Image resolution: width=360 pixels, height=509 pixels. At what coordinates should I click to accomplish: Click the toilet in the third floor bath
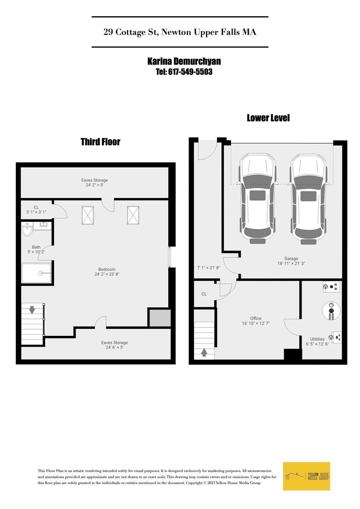[x=27, y=229]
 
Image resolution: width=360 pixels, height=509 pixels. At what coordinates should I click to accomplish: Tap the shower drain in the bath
[x=41, y=273]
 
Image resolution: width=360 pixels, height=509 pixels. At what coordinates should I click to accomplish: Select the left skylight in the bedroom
[x=88, y=215]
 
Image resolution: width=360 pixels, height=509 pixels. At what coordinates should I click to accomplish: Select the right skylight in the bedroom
[x=133, y=215]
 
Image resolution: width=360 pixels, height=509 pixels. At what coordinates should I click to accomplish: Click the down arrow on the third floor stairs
[x=32, y=310]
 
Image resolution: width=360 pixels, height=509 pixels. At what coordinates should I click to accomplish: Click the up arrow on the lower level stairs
[x=204, y=352]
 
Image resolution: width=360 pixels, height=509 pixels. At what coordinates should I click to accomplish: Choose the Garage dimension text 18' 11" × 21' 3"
[x=291, y=264]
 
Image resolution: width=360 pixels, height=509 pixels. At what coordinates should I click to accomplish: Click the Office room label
[x=256, y=318]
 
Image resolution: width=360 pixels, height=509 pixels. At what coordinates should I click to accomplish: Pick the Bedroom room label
[x=107, y=269]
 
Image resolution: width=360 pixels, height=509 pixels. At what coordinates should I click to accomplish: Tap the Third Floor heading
[x=100, y=142]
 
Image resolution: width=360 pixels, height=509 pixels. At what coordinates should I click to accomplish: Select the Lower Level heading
[x=268, y=118]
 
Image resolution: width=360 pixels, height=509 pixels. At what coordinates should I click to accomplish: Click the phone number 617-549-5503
[x=190, y=72]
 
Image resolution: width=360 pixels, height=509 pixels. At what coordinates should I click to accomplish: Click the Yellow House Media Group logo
[x=307, y=476]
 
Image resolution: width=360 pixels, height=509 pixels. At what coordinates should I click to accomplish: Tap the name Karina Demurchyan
[x=184, y=61]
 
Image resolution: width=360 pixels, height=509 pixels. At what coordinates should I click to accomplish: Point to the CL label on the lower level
[x=204, y=294]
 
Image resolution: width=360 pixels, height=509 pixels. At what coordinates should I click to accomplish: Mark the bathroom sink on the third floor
[x=44, y=224]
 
